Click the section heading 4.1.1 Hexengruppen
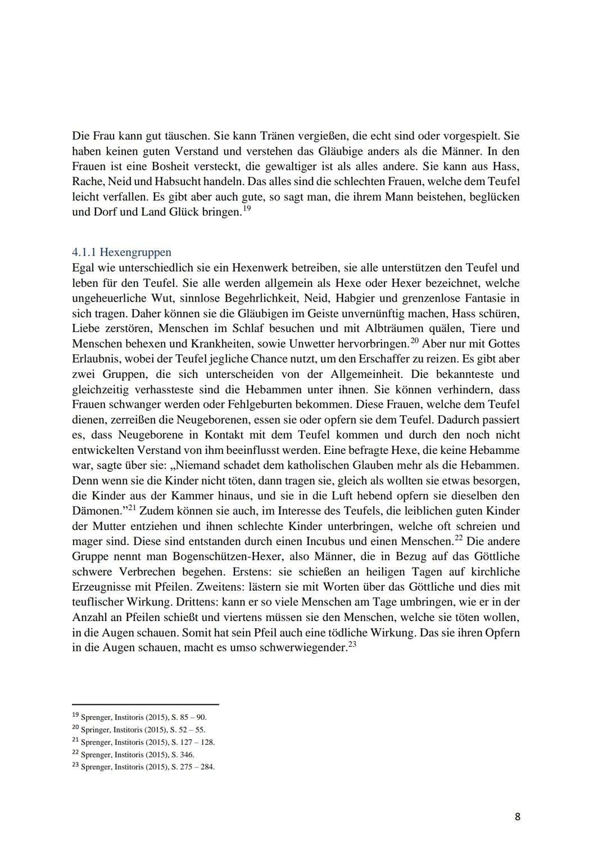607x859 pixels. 122,252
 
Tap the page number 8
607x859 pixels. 517,816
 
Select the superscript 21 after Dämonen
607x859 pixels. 132,507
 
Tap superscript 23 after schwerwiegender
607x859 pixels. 352,644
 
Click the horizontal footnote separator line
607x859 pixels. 145,704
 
